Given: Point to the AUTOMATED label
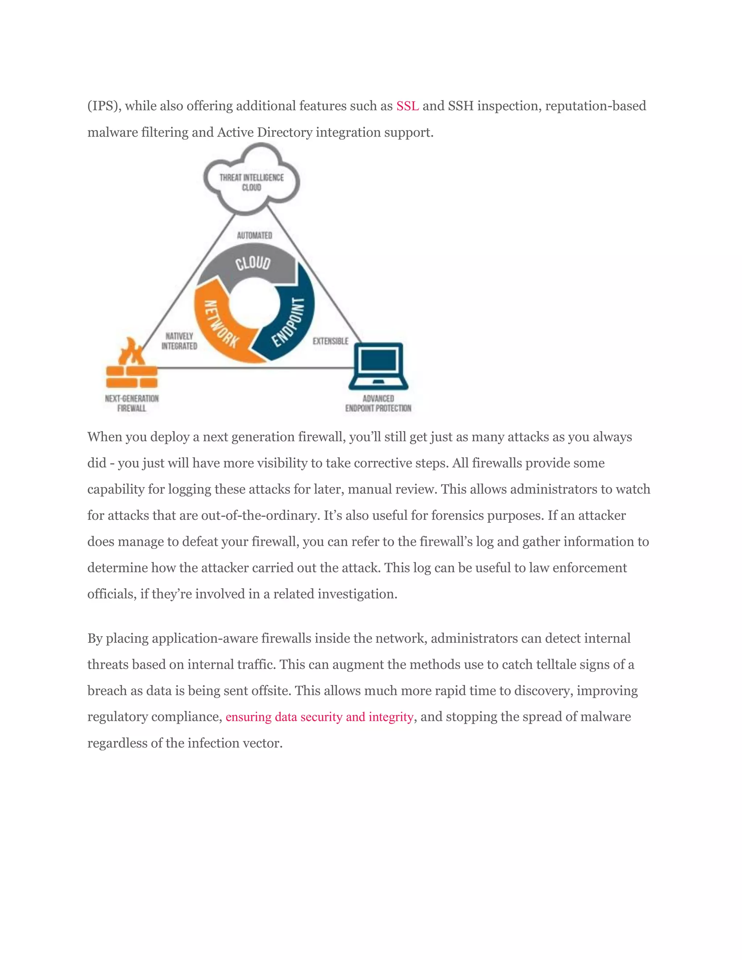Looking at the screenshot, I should (x=254, y=235).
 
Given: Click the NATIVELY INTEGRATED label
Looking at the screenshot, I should (x=179, y=341).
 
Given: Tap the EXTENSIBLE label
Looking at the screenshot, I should (x=330, y=341).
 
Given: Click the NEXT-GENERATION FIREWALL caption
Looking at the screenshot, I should (x=132, y=403).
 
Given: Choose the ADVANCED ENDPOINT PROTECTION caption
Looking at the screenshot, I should (x=378, y=403).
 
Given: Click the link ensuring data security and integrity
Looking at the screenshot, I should (x=320, y=717).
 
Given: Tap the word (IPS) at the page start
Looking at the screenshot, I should (x=104, y=106).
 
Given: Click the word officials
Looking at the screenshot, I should (x=112, y=594).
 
